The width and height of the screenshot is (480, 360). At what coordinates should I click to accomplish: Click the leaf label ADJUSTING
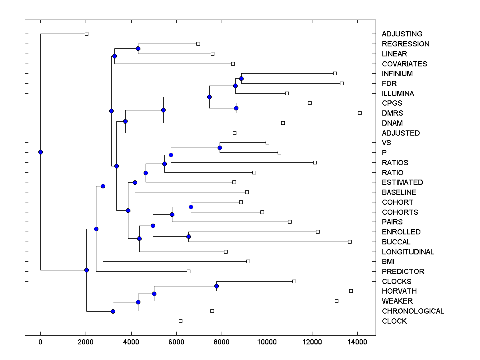[x=402, y=34]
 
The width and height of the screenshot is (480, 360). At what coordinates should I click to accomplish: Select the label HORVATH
[x=399, y=291]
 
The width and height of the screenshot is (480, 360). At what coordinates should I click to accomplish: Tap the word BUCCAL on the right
[x=396, y=242]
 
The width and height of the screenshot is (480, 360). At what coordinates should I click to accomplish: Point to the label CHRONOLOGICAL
[x=413, y=311]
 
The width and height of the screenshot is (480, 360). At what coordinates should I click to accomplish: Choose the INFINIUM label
[x=397, y=74]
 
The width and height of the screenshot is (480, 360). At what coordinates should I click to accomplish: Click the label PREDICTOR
[x=403, y=272]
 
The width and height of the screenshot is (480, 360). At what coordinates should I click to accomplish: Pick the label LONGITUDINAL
[x=408, y=252]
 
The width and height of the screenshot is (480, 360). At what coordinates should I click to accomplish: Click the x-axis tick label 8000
[x=221, y=342]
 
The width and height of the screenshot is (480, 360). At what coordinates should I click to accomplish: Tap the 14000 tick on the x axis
[x=357, y=342]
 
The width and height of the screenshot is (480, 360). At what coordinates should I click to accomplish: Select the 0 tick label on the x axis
[x=40, y=342]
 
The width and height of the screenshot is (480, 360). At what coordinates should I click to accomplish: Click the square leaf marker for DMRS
[x=360, y=113]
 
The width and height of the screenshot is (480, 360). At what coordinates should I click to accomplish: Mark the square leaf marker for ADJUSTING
[x=86, y=34]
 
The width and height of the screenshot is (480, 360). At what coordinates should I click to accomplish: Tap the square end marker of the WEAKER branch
[x=336, y=301]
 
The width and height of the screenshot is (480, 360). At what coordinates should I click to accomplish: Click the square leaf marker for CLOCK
[x=180, y=321]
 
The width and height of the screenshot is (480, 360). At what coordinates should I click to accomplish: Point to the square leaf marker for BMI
[x=248, y=261]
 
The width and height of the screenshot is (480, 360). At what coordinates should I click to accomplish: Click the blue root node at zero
[x=40, y=152]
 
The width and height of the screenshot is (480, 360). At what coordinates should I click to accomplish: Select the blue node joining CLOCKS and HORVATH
[x=216, y=286]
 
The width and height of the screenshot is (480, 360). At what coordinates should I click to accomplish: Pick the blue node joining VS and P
[x=220, y=148]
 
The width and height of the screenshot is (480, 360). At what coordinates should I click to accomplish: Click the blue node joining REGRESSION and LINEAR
[x=138, y=49]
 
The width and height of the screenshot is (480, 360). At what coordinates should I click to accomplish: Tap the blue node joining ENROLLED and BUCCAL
[x=188, y=237]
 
